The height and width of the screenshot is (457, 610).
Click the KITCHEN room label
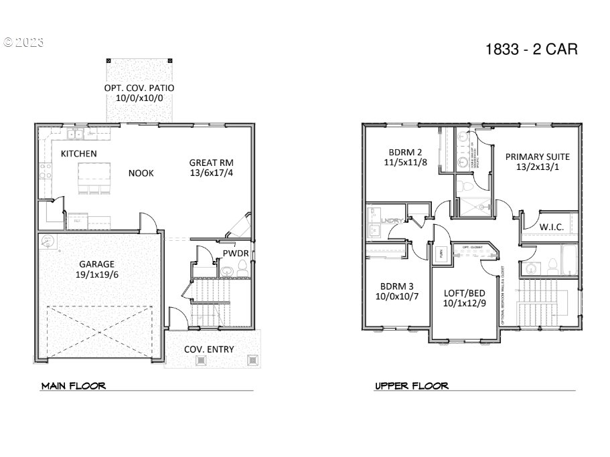pos(79,154)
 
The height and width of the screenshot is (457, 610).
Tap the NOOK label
pos(141,173)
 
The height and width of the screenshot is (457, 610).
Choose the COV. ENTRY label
pos(209,349)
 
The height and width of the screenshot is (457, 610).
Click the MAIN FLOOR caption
pos(74,386)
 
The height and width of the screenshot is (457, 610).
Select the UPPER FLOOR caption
pos(411,386)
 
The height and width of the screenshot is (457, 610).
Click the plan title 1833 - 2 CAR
pos(530,50)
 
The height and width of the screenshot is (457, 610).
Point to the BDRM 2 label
pos(405,151)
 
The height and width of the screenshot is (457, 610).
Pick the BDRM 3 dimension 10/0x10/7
pos(396,296)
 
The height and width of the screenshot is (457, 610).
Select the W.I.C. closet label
pos(551,227)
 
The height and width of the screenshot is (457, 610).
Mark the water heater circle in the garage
pos(48,241)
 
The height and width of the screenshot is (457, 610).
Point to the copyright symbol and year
pos(23,41)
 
